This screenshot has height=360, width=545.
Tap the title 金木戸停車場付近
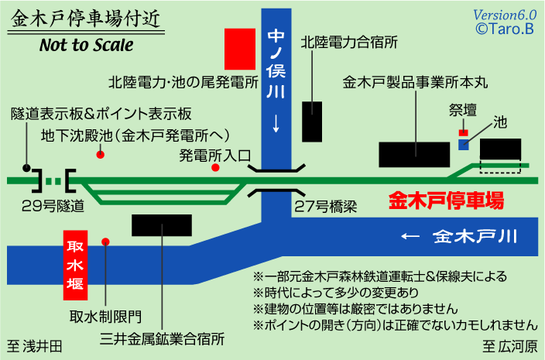87,17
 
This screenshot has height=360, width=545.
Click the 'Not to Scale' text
87,44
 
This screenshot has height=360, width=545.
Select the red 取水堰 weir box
76,267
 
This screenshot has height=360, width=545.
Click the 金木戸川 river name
475,236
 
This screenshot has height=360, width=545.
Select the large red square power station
240,50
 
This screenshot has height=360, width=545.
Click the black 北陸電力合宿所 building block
312,120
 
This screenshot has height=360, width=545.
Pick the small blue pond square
464,144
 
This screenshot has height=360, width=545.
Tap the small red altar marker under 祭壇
464,132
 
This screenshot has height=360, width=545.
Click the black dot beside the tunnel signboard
27,167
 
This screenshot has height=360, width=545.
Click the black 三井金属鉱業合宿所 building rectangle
162,225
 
